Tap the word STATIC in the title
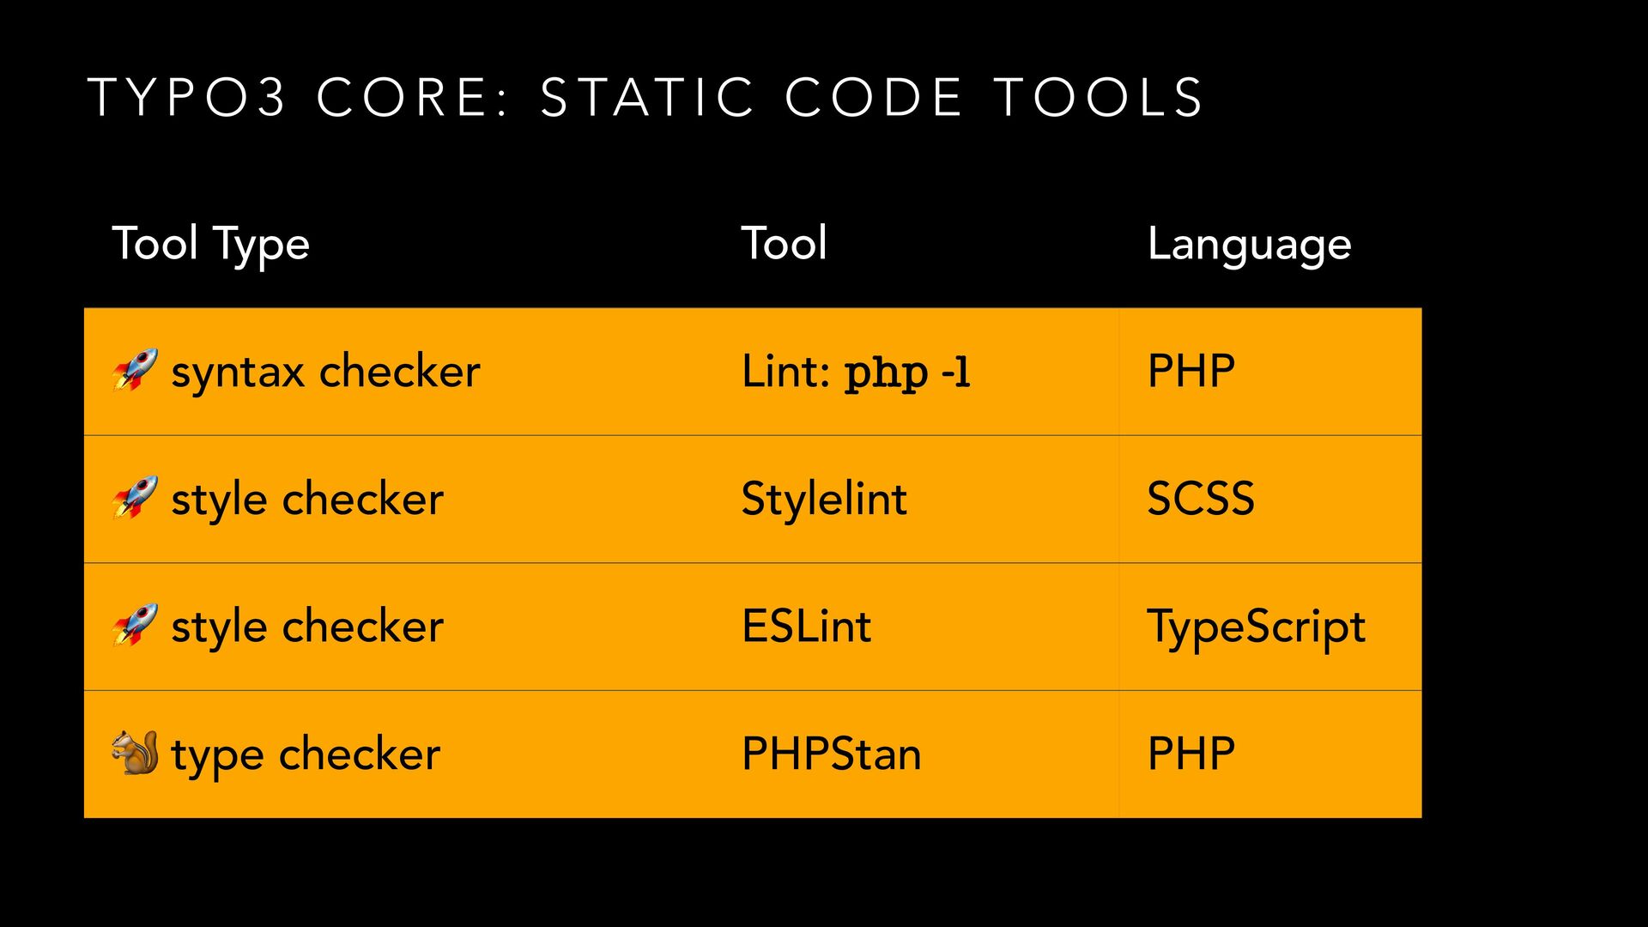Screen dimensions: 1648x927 [x=648, y=97]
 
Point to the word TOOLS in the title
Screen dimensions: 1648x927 [x=1100, y=97]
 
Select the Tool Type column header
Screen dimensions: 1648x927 [x=211, y=245]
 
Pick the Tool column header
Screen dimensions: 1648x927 [x=785, y=243]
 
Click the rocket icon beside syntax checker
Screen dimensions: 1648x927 [x=136, y=370]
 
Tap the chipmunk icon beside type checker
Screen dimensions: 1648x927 [x=136, y=753]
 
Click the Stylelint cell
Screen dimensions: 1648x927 [x=824, y=499]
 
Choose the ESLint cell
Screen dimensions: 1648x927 [x=807, y=626]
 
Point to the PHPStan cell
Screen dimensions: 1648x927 [x=832, y=754]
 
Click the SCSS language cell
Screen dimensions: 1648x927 [x=1201, y=499]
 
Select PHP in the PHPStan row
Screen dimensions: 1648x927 [x=1191, y=754]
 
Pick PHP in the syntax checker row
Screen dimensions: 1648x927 [x=1191, y=372]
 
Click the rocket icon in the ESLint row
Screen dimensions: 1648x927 [x=136, y=625]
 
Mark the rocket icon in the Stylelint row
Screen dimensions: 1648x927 [x=136, y=498]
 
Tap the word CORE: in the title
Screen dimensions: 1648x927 [x=414, y=97]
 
